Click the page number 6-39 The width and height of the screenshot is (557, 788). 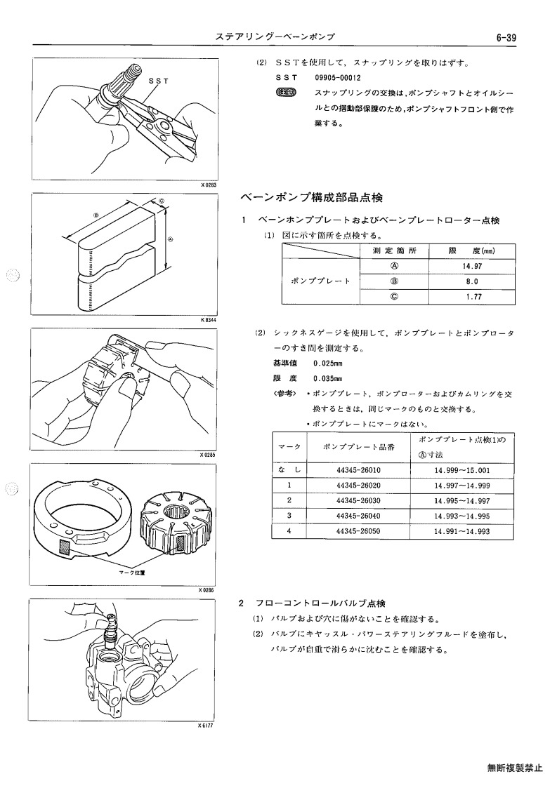coord(506,38)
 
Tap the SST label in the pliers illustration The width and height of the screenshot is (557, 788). coord(158,81)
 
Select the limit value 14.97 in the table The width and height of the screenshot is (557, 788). coord(471,267)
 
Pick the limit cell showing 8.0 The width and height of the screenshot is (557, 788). coord(471,281)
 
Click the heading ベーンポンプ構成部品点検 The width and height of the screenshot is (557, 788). coord(311,197)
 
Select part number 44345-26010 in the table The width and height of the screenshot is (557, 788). coord(358,470)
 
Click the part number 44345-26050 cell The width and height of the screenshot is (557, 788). coord(358,530)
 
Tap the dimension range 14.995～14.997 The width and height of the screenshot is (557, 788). coord(461,500)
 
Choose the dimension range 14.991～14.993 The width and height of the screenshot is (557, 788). coord(461,530)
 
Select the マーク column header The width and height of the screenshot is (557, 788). coord(289,447)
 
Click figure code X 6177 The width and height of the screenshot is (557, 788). coord(207,725)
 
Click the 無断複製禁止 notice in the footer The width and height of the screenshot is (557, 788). coord(515,768)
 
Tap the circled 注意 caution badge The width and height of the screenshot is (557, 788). coord(287,93)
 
